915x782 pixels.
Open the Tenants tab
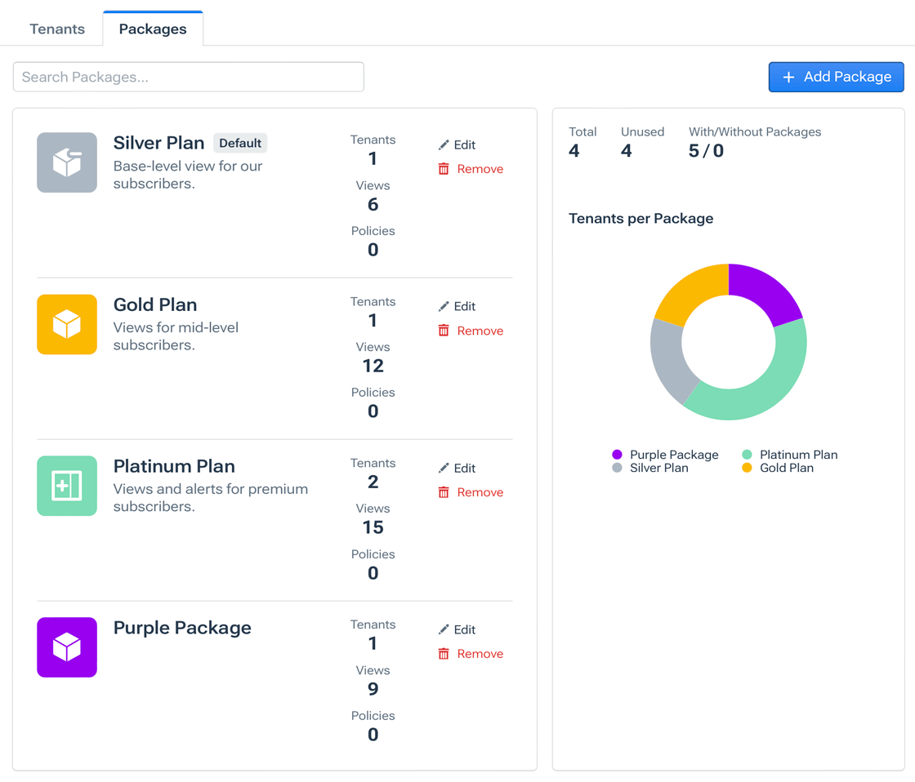[x=57, y=29]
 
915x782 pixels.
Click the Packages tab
[x=153, y=29]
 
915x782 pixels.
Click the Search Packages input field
[x=188, y=77]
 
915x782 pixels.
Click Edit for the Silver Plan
[x=457, y=145]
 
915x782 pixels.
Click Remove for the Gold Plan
[x=471, y=331]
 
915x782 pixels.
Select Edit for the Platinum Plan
[x=457, y=469]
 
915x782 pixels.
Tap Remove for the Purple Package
[x=471, y=654]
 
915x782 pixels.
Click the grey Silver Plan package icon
[x=67, y=162]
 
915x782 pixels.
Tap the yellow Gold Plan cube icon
[x=67, y=324]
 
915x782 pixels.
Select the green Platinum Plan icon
[x=67, y=486]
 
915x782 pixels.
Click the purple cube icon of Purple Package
[x=67, y=647]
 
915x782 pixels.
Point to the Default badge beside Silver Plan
[x=240, y=143]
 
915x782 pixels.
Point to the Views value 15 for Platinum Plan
[x=373, y=527]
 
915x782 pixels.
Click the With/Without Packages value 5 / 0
[x=706, y=151]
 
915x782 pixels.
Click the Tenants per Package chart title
[x=640, y=219]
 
